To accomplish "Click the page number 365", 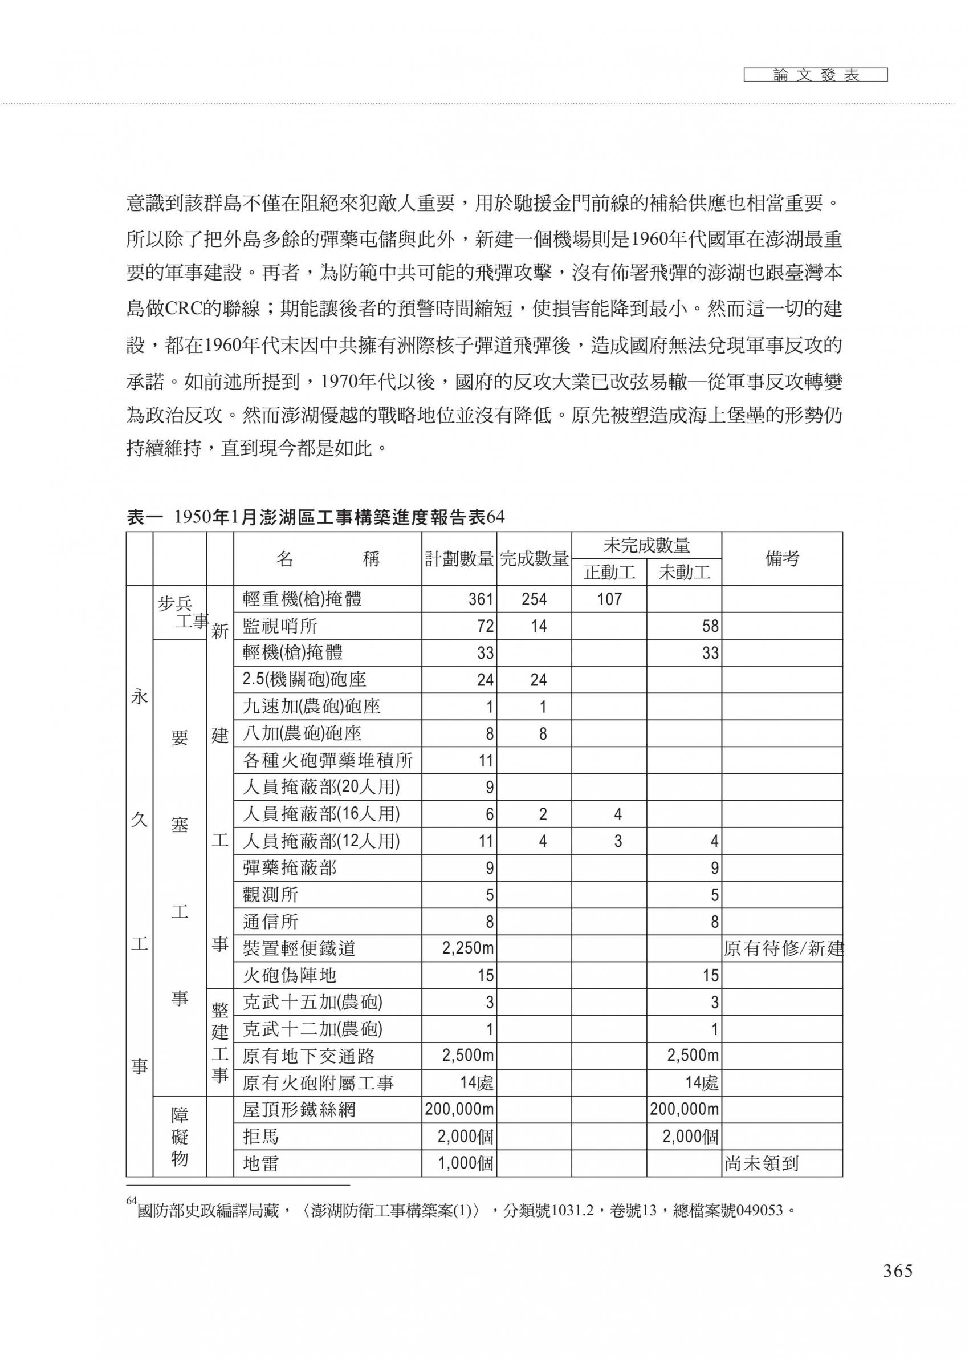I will pyautogui.click(x=897, y=1271).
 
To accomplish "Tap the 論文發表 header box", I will pyautogui.click(x=815, y=75).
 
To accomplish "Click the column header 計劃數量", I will pyautogui.click(x=459, y=559).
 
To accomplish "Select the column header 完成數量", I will pyautogui.click(x=534, y=559).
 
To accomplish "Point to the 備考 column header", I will pyautogui.click(x=781, y=559).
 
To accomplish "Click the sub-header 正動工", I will pyautogui.click(x=609, y=573).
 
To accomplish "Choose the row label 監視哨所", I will pyautogui.click(x=280, y=626).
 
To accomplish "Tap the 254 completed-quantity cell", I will pyautogui.click(x=534, y=599).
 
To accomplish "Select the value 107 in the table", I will pyautogui.click(x=609, y=599).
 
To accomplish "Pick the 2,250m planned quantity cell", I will pyautogui.click(x=468, y=948).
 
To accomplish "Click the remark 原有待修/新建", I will pyautogui.click(x=783, y=948).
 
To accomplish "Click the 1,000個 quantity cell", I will pyautogui.click(x=466, y=1163).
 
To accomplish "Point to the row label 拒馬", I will pyautogui.click(x=260, y=1137).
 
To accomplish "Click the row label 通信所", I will pyautogui.click(x=270, y=922).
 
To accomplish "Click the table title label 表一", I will pyautogui.click(x=144, y=517).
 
